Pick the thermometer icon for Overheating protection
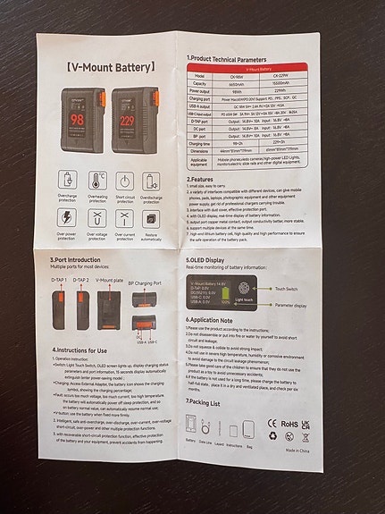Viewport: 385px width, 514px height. coord(97,181)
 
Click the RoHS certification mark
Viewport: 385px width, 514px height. coord(289,422)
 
